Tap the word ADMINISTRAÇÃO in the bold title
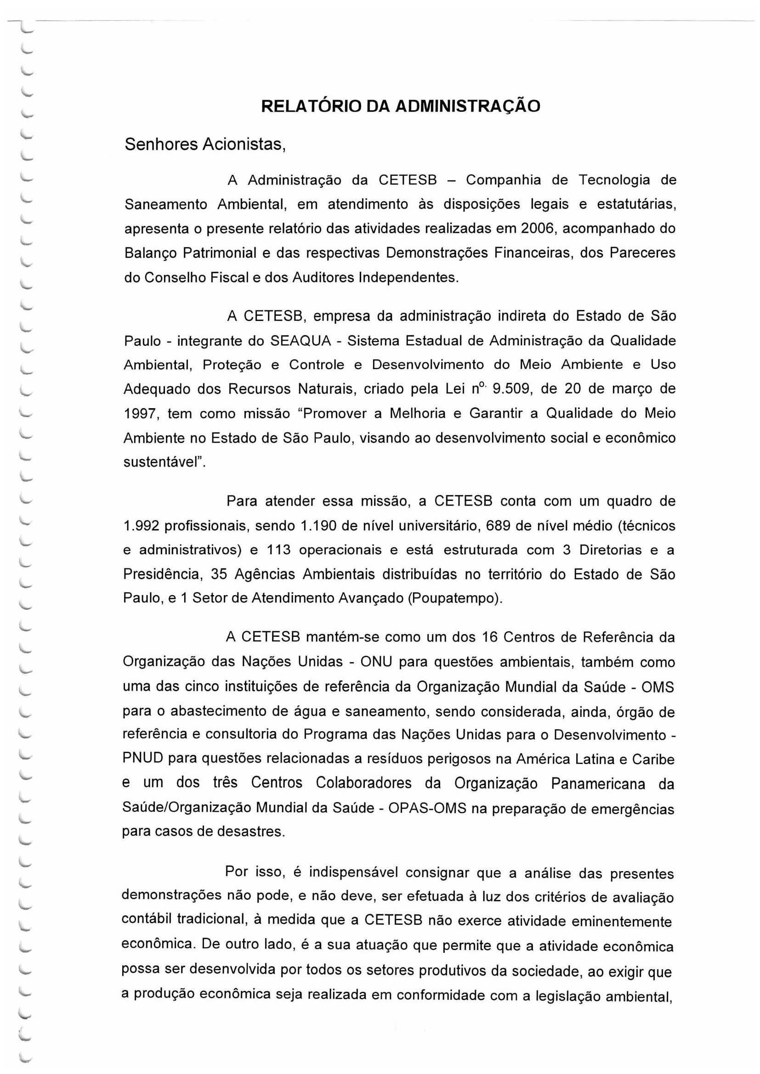[467, 106]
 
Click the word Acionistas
[244, 145]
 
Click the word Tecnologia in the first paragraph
[613, 180]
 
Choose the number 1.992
[141, 526]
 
